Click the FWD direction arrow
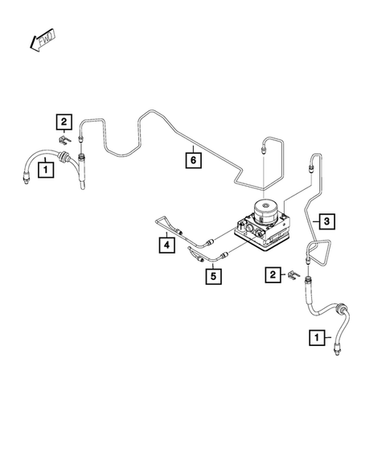38,40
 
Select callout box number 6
193,159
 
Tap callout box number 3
325,220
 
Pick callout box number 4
165,243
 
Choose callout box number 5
213,276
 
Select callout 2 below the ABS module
273,275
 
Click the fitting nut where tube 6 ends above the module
261,150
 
